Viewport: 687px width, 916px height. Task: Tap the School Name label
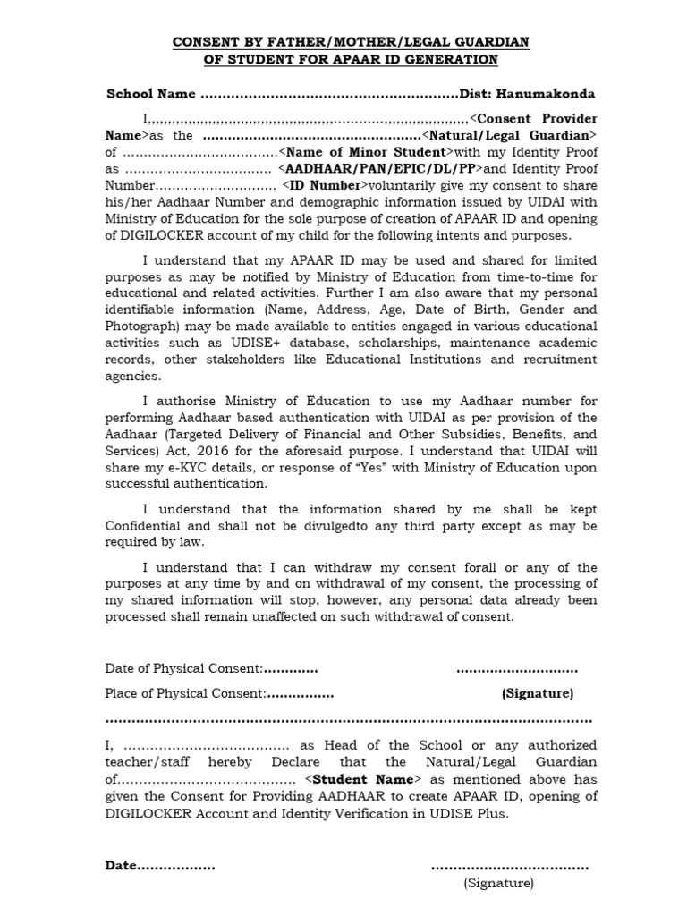150,94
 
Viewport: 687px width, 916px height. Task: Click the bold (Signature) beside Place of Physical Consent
537,693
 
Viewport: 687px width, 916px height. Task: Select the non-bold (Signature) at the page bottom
498,884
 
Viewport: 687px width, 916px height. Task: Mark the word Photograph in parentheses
145,326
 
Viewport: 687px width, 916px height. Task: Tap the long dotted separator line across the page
349,719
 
